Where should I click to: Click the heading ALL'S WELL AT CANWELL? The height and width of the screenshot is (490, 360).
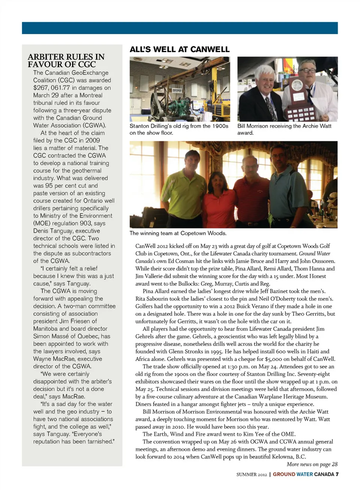[x=179, y=50]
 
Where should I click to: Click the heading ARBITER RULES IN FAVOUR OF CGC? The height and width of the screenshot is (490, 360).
[x=66, y=60]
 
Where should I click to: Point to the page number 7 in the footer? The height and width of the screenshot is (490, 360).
[x=337, y=474]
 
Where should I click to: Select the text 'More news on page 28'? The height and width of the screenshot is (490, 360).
[x=312, y=464]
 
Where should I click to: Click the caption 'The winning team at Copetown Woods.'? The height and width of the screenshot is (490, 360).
[x=178, y=233]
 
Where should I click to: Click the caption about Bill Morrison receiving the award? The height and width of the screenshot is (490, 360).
[x=284, y=129]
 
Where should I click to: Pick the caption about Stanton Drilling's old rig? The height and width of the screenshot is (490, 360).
[x=179, y=129]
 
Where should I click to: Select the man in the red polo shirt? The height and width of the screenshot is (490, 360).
[x=250, y=188]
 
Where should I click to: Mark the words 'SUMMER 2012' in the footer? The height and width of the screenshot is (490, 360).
[x=252, y=475]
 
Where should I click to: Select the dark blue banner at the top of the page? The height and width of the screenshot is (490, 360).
[x=180, y=28]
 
